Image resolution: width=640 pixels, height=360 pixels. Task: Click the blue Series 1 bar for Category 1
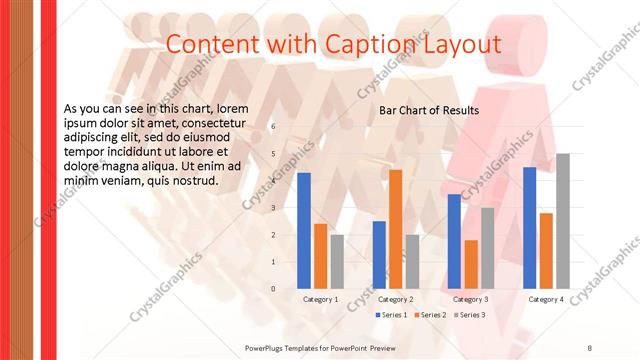304,231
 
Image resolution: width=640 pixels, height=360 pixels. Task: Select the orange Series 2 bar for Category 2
396,229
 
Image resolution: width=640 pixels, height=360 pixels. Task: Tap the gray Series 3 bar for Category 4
563,221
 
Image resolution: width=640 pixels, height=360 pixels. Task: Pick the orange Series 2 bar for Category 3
471,264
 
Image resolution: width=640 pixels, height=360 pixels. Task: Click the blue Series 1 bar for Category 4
530,228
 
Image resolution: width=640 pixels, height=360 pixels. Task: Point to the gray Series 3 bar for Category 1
337,262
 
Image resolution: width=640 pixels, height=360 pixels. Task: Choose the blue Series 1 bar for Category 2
379,255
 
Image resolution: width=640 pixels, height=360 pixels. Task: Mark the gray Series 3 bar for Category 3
487,248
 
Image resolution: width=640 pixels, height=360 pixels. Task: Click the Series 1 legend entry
391,315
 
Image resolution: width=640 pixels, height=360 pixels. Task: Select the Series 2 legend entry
430,315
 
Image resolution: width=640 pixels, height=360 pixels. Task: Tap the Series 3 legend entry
469,315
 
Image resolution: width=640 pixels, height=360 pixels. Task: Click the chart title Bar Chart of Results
429,110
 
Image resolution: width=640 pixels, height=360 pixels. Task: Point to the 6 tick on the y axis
273,127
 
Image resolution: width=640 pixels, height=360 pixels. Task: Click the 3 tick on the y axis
273,208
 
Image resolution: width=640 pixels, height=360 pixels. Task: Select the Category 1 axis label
321,299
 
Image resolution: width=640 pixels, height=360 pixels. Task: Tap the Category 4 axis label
546,299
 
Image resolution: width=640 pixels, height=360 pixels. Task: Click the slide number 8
589,347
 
